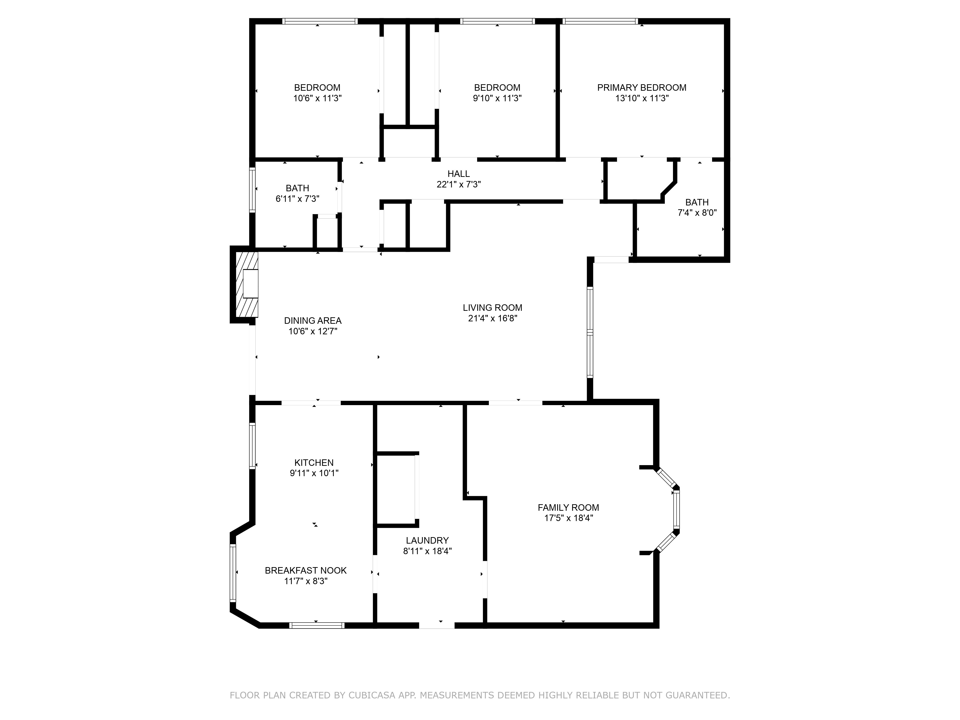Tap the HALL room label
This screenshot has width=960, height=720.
point(458,174)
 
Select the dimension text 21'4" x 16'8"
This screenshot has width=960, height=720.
point(492,318)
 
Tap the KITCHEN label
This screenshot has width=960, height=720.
point(314,463)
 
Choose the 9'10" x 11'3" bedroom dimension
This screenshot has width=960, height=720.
point(497,98)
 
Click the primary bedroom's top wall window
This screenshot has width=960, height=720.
point(600,21)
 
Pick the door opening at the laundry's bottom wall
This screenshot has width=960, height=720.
point(437,625)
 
